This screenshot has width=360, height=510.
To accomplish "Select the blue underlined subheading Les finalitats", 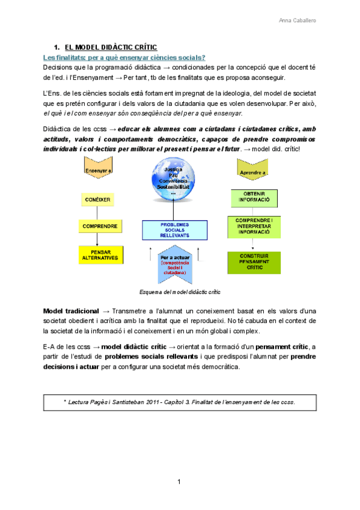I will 124,57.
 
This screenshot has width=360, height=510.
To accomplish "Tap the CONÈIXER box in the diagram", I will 97,199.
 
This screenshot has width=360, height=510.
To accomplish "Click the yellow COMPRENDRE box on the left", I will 100,227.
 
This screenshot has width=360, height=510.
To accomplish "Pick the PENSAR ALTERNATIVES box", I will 100,254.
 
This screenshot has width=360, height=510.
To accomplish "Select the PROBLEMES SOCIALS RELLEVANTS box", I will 174,230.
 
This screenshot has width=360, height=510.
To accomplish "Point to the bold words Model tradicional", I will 71,311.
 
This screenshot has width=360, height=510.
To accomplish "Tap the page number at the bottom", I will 179,482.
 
